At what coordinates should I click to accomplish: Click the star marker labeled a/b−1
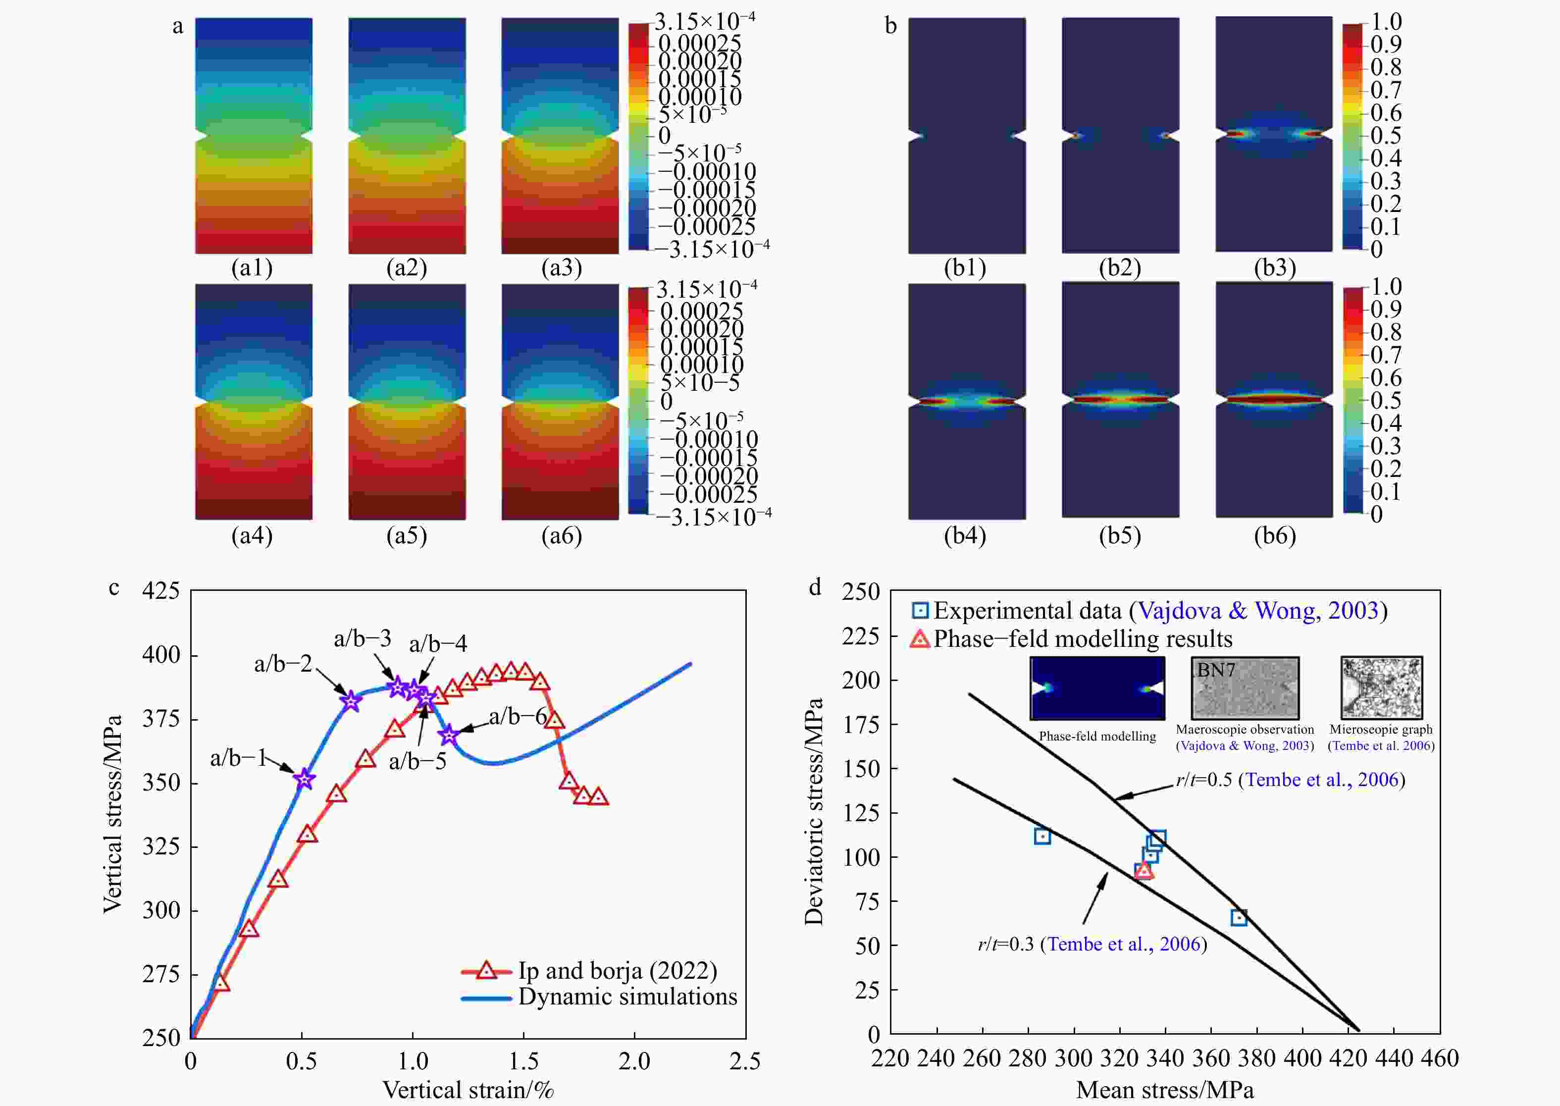pos(305,779)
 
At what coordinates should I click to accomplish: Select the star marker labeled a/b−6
pos(448,735)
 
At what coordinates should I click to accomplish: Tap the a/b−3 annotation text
pos(362,638)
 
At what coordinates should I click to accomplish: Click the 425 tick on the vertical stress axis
pos(160,590)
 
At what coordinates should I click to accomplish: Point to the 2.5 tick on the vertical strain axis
pos(745,1061)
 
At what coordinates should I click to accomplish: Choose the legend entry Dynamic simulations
pos(627,997)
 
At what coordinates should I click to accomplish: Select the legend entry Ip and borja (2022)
pos(617,970)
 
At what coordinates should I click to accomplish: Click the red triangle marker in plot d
pos(1144,870)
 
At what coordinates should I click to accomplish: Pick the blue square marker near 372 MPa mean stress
pos(1239,917)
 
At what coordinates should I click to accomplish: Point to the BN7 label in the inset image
pos(1216,670)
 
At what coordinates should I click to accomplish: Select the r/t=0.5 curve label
pos(1290,780)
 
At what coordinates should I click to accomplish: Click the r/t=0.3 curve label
pos(1092,944)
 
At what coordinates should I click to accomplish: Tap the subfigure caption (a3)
pos(561,267)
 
